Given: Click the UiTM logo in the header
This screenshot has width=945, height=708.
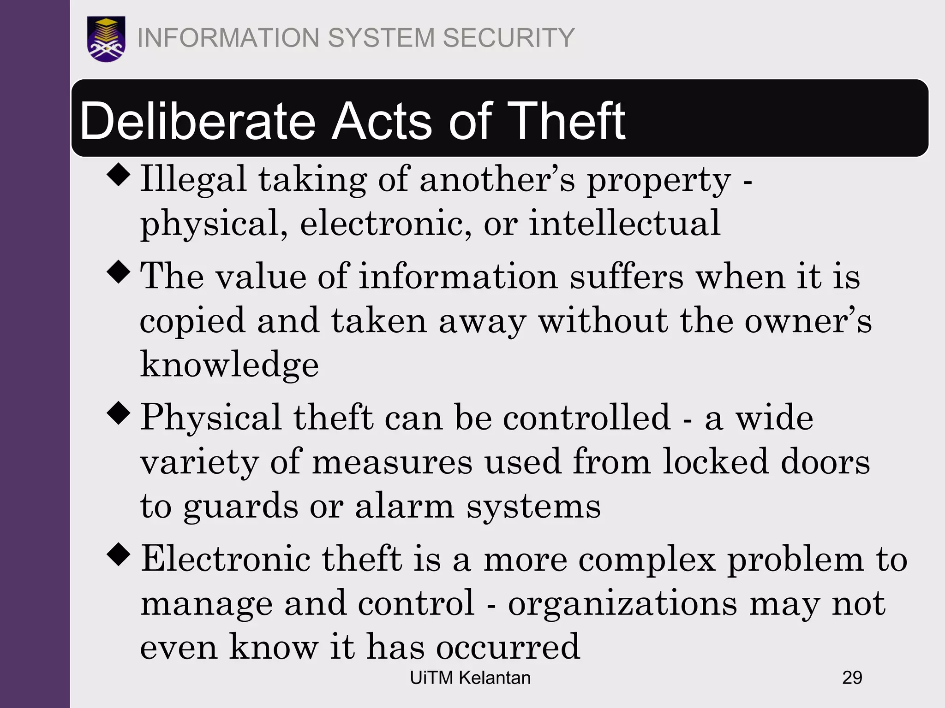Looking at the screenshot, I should click(x=106, y=39).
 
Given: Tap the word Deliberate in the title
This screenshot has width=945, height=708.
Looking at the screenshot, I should click(x=198, y=121).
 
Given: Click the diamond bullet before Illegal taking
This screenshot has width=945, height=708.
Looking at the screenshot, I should click(x=119, y=175).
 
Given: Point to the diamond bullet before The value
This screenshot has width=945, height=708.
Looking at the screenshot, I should click(x=119, y=272).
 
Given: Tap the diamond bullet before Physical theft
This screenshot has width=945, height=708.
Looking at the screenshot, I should click(x=119, y=413).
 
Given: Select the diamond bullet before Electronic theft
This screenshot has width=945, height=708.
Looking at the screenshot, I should click(x=119, y=555).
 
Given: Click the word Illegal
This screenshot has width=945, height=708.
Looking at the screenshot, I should click(x=193, y=179).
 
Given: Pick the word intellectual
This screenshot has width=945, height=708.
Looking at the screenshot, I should click(x=624, y=223).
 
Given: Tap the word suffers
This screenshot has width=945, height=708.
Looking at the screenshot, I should click(x=627, y=277).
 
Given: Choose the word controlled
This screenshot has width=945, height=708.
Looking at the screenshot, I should click(x=586, y=418).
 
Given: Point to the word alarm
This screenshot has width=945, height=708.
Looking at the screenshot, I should click(x=405, y=506).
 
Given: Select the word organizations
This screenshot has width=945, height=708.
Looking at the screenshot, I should click(x=623, y=604).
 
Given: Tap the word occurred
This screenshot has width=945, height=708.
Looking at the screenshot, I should click(x=508, y=647).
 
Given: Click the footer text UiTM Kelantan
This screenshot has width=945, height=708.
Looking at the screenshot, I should click(x=470, y=678).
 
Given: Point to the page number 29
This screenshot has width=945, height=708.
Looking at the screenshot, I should click(x=852, y=678).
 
